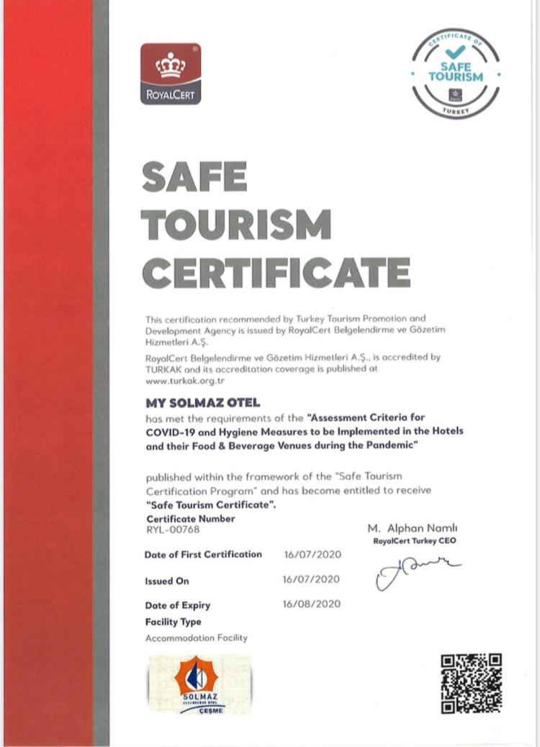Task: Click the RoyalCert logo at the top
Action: [x=171, y=74]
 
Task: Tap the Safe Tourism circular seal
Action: [x=455, y=74]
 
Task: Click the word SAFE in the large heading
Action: [x=194, y=177]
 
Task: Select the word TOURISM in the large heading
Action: [x=237, y=225]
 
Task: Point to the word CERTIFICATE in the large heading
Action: [x=276, y=272]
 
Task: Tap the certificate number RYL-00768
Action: [x=173, y=530]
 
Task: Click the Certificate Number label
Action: [x=190, y=518]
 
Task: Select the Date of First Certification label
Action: [x=203, y=554]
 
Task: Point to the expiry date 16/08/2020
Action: [x=312, y=604]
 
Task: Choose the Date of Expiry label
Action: [x=177, y=605]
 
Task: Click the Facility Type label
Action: [x=174, y=622]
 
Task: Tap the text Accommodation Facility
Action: [x=196, y=638]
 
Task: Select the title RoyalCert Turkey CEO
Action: [x=415, y=540]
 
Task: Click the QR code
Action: [x=471, y=683]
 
